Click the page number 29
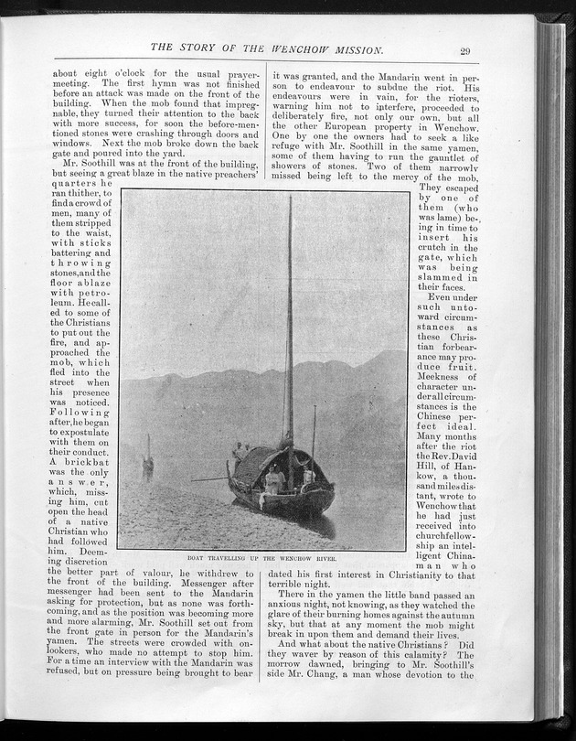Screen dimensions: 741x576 point(465,51)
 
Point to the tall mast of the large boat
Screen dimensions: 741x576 point(291,320)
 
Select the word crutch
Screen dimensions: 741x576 point(435,247)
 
